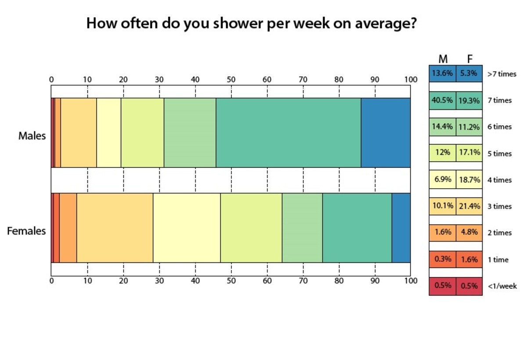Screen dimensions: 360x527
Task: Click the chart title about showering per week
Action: [x=251, y=23]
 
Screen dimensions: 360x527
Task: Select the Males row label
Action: [x=32, y=136]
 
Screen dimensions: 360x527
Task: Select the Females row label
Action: [x=26, y=231]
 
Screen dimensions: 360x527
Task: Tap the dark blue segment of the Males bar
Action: [x=385, y=132]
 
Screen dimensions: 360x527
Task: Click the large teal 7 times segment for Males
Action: [x=288, y=132]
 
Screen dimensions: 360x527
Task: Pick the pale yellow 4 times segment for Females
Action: [x=187, y=228]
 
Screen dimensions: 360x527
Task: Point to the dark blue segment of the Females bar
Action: [x=401, y=228]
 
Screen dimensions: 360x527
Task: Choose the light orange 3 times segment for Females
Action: [x=115, y=228]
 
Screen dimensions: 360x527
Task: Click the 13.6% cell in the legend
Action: [x=442, y=73]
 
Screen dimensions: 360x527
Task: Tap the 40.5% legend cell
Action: [x=442, y=100]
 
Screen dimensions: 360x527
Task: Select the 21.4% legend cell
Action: [x=469, y=206]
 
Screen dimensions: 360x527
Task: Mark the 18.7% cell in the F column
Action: [x=469, y=180]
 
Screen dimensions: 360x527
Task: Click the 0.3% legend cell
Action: [x=442, y=259]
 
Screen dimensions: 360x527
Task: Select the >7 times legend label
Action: [x=502, y=74]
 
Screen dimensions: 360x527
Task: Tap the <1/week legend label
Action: [x=502, y=286]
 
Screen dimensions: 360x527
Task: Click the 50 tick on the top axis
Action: [x=231, y=80]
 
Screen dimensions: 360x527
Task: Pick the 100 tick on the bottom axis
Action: [x=410, y=280]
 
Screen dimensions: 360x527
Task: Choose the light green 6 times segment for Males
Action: [x=190, y=132]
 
